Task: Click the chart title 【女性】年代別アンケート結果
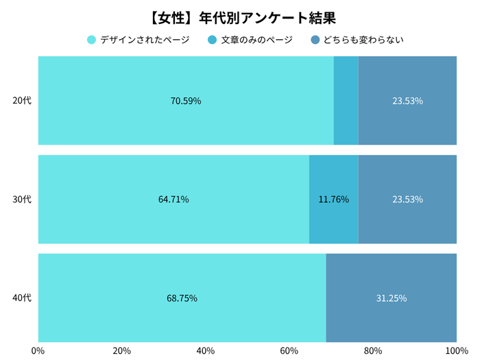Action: click(240, 15)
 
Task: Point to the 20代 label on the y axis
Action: click(22, 101)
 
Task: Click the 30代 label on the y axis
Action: click(22, 200)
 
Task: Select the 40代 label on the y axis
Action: click(22, 298)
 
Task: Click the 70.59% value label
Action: click(186, 101)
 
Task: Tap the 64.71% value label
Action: click(173, 200)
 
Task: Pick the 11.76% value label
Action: click(334, 200)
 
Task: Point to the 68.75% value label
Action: click(182, 298)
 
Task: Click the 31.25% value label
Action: click(392, 298)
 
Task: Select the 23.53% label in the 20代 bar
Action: click(407, 101)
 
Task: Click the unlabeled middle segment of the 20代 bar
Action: click(346, 101)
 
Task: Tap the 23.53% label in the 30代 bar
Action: click(407, 200)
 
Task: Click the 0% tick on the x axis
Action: click(38, 350)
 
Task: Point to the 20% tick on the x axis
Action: click(122, 350)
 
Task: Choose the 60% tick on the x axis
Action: click(289, 350)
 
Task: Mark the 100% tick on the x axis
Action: click(455, 350)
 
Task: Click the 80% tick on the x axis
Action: click(373, 350)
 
